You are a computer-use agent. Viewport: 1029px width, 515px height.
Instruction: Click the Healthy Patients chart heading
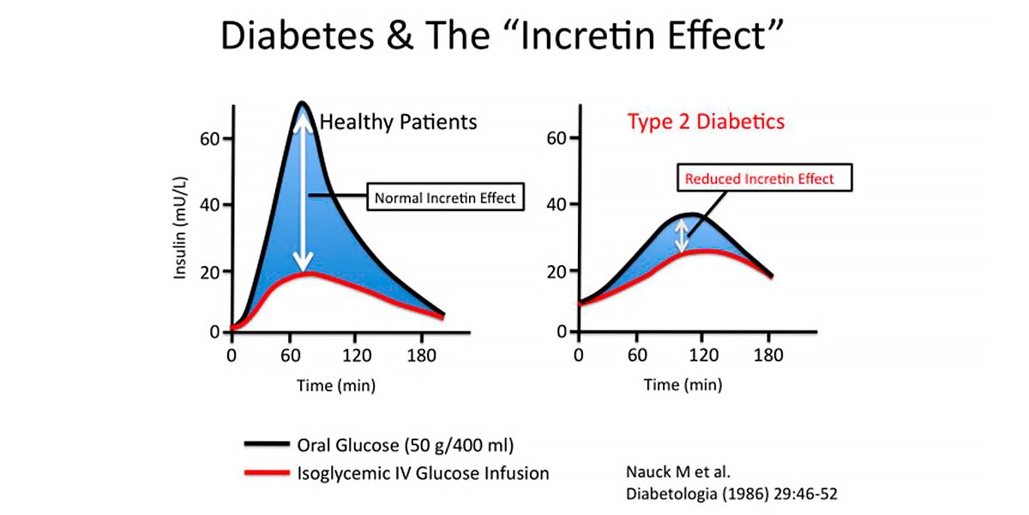point(398,122)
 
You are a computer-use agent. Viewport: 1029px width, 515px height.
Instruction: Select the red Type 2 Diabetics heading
point(706,122)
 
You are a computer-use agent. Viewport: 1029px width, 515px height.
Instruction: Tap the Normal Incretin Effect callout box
point(445,198)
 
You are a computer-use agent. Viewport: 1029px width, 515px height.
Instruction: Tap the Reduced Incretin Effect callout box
point(757,179)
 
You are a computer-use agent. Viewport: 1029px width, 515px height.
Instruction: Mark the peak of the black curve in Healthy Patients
point(301,104)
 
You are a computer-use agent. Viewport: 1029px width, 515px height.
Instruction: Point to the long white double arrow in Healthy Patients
point(301,193)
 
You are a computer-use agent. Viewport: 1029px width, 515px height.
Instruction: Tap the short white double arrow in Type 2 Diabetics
point(682,236)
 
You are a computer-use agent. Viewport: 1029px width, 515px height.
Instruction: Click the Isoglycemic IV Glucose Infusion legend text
point(423,473)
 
